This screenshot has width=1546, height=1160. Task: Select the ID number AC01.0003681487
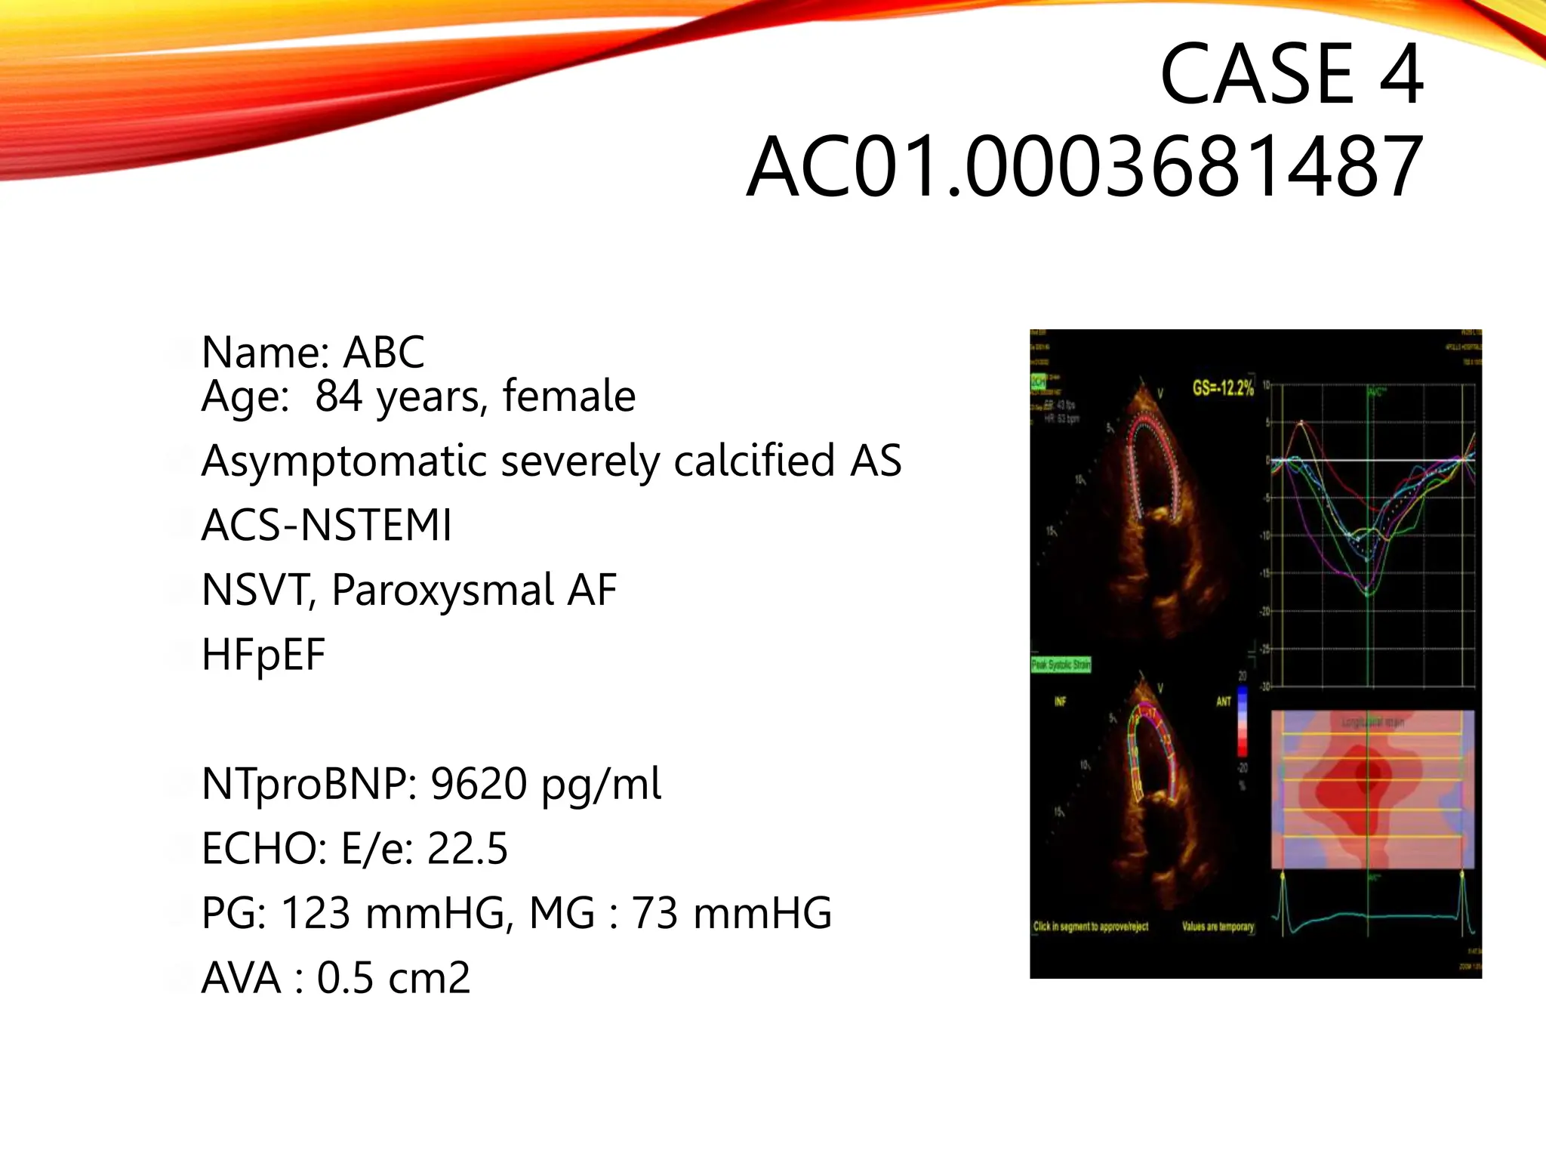pos(1084,166)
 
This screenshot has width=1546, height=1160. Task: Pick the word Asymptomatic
pos(343,461)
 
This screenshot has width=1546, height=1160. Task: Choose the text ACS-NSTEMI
pos(326,526)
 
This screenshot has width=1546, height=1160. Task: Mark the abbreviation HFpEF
pos(263,654)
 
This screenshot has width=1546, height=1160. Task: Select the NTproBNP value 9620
pos(479,784)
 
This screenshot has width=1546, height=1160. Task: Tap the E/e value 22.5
pos(467,849)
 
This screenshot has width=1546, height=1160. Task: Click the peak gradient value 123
pos(315,913)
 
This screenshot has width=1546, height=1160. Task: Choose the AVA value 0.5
pos(343,978)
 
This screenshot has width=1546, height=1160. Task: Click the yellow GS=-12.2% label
pos(1223,388)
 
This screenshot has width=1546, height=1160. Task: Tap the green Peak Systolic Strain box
pos(1061,665)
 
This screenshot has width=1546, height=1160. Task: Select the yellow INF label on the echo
pos(1060,702)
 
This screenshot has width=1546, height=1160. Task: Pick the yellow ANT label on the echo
pos(1224,702)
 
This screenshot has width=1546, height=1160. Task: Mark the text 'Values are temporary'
pos(1218,927)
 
